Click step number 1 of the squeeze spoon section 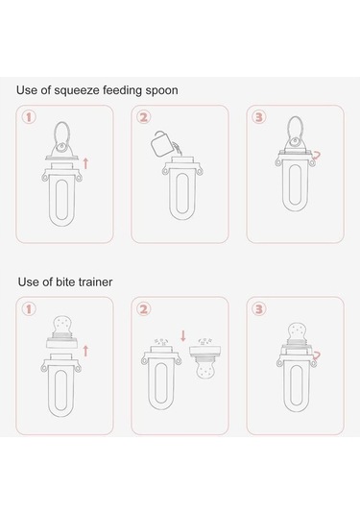[x=29, y=117]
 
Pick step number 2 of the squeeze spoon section [x=144, y=117]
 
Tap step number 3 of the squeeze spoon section [x=259, y=117]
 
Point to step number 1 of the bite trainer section [x=29, y=309]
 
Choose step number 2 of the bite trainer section [x=144, y=309]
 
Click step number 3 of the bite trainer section [x=259, y=309]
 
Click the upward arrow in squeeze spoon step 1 [x=85, y=163]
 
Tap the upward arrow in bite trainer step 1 [x=85, y=351]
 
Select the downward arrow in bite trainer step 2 [x=183, y=335]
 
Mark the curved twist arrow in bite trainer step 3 [x=318, y=355]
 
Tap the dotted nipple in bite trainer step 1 [x=62, y=325]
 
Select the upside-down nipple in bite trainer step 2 [x=205, y=369]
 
